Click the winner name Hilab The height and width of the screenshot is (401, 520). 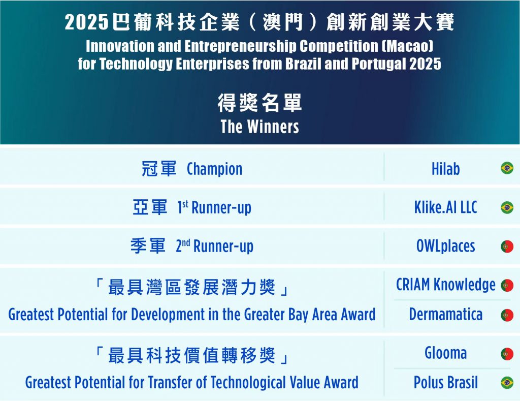(445, 169)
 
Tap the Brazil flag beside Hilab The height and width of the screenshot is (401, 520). (507, 168)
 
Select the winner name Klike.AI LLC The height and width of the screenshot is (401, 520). (445, 207)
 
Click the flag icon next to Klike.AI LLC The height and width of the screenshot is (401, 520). (507, 207)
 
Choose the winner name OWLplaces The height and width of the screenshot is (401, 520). (445, 246)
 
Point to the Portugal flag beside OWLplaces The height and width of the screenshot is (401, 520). (507, 246)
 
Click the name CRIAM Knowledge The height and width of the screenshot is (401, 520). (446, 285)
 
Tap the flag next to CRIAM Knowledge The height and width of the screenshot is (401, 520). (507, 286)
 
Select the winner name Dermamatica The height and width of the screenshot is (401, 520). (445, 314)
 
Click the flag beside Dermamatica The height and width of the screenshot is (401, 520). (507, 315)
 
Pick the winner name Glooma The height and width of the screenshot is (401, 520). (445, 353)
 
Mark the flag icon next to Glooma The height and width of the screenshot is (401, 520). (507, 354)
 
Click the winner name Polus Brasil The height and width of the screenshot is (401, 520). (445, 382)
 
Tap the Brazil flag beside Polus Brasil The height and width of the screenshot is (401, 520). (507, 382)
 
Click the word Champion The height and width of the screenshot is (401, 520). (215, 169)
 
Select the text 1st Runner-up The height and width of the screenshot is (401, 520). (214, 208)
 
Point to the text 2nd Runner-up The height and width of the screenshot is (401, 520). (215, 246)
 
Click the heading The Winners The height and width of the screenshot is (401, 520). (259, 127)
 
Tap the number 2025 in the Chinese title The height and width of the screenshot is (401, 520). (86, 22)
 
